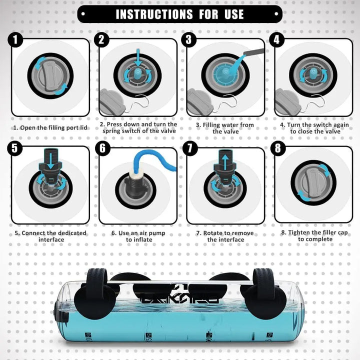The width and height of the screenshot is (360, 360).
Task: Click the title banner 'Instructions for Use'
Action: pyautogui.click(x=180, y=13)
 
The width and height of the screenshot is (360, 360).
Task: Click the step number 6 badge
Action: pyautogui.click(x=104, y=148)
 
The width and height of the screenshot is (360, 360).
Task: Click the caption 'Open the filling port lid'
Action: pyautogui.click(x=50, y=127)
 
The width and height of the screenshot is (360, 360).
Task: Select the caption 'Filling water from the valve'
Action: pyautogui.click(x=224, y=128)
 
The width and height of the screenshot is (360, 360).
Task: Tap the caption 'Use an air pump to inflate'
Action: pyautogui.click(x=138, y=236)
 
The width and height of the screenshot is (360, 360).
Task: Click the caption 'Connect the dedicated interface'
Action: pyautogui.click(x=50, y=236)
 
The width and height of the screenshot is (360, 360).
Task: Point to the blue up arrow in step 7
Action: pyautogui.click(x=225, y=162)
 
